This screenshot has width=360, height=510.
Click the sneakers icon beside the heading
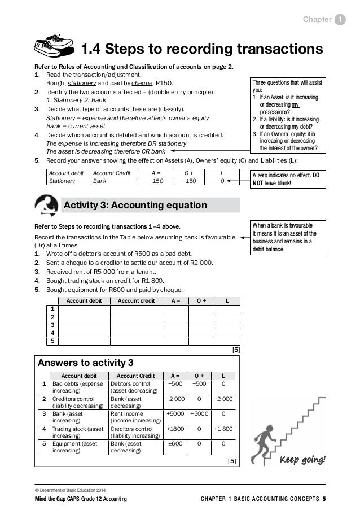[55, 49]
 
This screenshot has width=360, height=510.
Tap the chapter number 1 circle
[340, 20]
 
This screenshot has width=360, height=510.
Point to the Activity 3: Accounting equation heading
[135, 204]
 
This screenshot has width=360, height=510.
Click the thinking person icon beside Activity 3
[46, 204]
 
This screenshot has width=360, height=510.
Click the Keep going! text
[302, 459]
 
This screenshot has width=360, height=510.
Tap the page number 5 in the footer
[324, 499]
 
